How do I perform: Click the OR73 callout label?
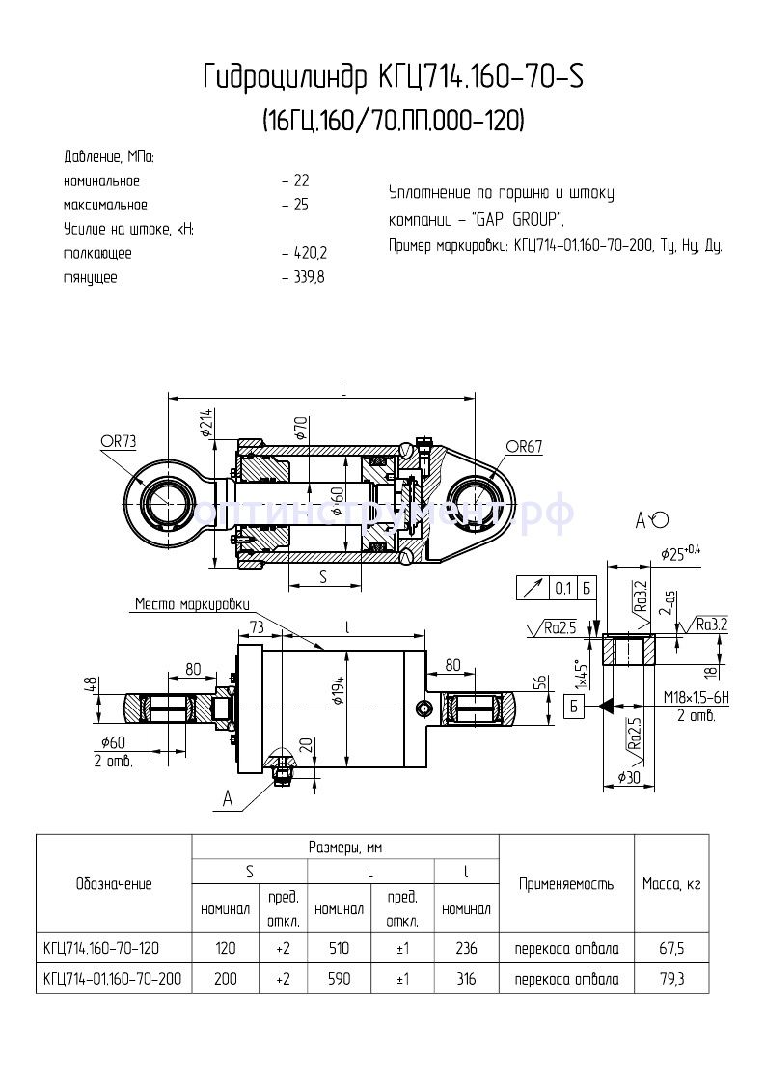tap(119, 441)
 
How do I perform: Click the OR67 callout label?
tap(525, 446)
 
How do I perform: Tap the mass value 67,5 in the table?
tap(671, 949)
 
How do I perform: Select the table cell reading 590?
tap(339, 979)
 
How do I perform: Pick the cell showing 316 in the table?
tap(466, 979)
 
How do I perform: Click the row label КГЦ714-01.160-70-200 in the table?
tap(113, 979)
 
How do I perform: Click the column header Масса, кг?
tap(671, 884)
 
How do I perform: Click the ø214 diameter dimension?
tap(206, 423)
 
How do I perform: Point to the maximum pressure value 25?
tap(301, 205)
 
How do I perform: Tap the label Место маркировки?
tap(191, 604)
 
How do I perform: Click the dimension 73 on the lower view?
tap(257, 627)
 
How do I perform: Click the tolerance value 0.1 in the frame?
tap(562, 588)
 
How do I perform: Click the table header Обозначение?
tap(113, 884)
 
